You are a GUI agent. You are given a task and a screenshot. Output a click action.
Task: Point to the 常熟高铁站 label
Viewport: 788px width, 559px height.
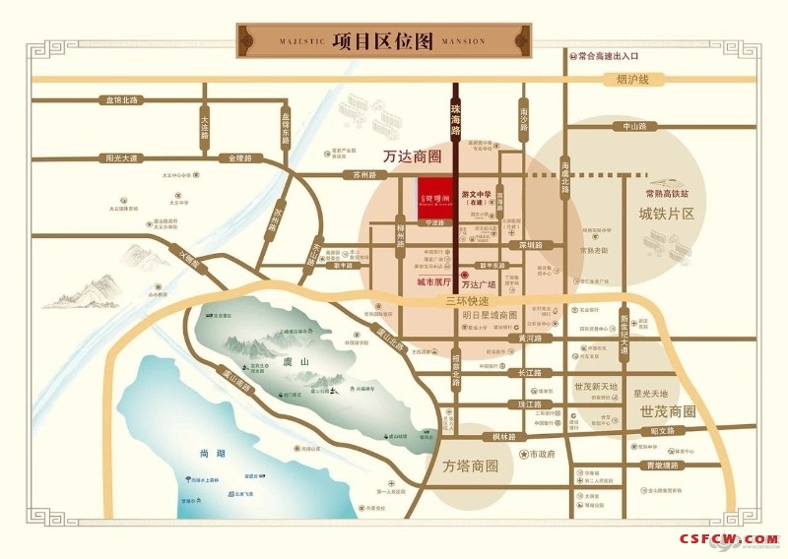click(x=668, y=194)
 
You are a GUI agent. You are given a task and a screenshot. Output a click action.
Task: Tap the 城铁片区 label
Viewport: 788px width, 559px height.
click(x=667, y=214)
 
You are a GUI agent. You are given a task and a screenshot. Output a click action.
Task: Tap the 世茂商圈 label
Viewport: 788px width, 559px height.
click(x=667, y=410)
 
